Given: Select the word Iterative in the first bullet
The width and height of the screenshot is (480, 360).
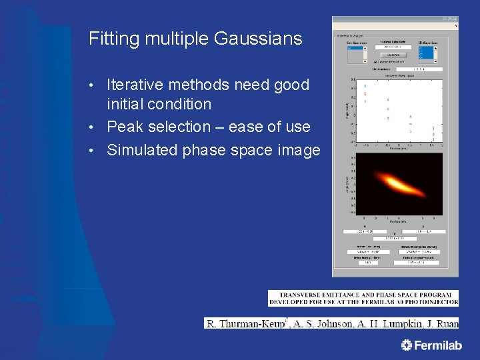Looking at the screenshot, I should coord(136,85).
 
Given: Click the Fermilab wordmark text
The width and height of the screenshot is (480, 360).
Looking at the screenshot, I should coord(438,345).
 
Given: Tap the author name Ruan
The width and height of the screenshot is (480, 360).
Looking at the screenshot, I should coord(447,323).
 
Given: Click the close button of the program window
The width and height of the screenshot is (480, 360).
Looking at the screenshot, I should coord(455,20).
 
